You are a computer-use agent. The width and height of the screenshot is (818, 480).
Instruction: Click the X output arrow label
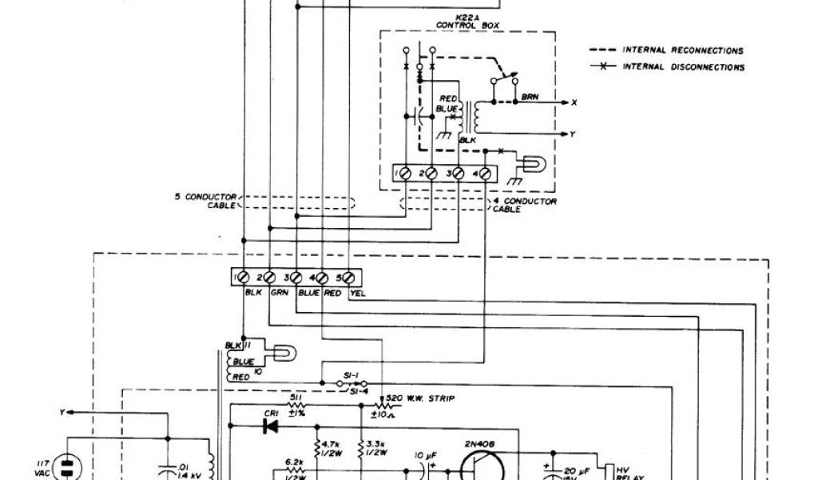[574, 103]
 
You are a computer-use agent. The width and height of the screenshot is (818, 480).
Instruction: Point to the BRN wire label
[529, 97]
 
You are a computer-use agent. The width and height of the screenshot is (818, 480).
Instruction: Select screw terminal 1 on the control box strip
[405, 173]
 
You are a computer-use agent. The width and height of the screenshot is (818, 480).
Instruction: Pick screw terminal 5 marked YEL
[350, 277]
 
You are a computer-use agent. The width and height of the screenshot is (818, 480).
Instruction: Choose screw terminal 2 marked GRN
[269, 277]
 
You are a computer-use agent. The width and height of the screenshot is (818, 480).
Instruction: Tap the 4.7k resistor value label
[332, 445]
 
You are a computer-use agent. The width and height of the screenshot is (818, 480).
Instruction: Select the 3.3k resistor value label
[376, 445]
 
